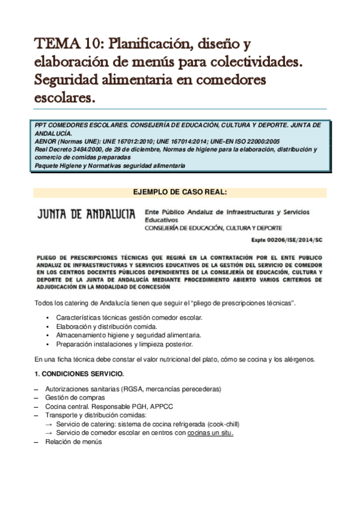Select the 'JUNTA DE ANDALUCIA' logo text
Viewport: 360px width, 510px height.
coord(87,214)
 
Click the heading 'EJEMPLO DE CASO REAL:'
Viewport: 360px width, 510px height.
coord(180,192)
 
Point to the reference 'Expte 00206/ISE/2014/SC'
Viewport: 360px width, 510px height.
coord(289,238)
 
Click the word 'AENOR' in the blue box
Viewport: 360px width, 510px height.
coord(47,141)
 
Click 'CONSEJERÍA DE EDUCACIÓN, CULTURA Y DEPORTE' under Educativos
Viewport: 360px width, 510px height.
coord(218,229)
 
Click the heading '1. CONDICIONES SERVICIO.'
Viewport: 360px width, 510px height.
coord(79,373)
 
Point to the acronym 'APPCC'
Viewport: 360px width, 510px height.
coord(151,407)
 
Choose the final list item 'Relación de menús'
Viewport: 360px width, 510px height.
coord(73,442)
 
